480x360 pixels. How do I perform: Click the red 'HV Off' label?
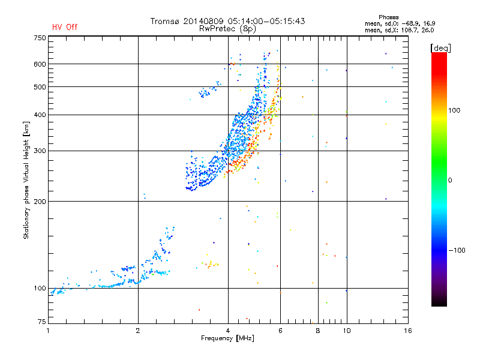pos(64,27)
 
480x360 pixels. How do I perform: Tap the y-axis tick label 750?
pos(40,38)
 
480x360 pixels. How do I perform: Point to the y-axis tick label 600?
pos(40,64)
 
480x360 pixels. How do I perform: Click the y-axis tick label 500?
pos(40,87)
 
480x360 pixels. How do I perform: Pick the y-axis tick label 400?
pos(40,115)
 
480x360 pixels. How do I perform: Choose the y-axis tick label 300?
pos(40,151)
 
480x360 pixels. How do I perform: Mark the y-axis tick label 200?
pos(40,202)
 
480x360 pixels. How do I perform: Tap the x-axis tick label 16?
pos(407,331)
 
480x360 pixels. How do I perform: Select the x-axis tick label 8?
pos(317,331)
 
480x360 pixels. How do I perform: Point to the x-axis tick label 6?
pos(280,331)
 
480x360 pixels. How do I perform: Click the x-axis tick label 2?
pos(138,331)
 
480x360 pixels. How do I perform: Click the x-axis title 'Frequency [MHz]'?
pos(227,338)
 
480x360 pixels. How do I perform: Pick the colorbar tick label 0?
pos(451,180)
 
